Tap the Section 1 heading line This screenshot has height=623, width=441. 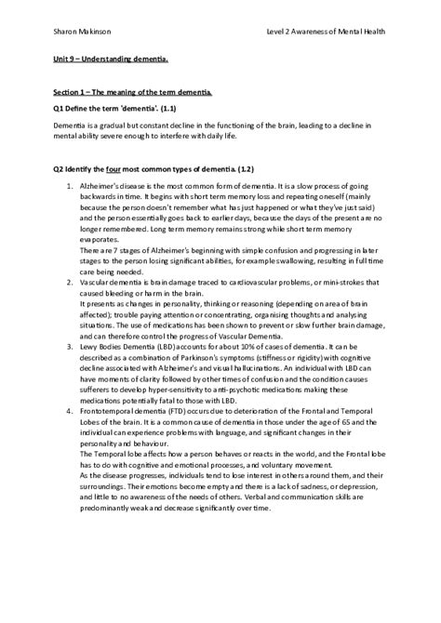click(131, 93)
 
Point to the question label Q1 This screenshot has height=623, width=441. click(58, 108)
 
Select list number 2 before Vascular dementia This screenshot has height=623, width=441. click(72, 280)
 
